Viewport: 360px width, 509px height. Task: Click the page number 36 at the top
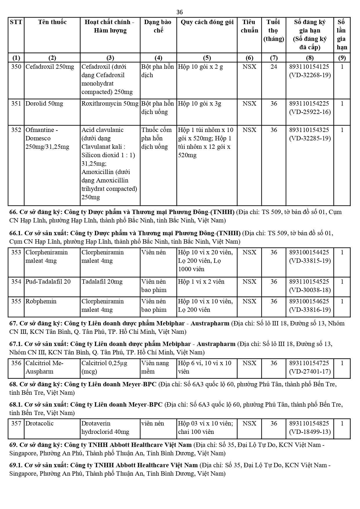(180, 12)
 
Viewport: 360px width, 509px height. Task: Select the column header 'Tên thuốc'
(52, 22)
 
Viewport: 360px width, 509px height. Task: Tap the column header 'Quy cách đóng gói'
(207, 22)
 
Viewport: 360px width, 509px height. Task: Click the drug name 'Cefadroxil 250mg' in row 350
(50, 67)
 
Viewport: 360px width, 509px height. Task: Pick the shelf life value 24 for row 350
(274, 67)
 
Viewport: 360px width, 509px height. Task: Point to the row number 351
(16, 104)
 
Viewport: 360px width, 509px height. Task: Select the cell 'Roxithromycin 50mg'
(110, 104)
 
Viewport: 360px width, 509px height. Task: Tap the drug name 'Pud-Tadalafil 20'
(48, 282)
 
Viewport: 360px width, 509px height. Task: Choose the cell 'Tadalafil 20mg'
(102, 282)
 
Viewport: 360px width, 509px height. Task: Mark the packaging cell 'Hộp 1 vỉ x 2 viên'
(201, 282)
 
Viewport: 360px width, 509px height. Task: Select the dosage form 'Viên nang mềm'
(155, 367)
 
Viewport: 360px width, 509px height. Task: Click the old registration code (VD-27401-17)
(310, 372)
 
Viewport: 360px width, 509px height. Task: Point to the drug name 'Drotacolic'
(40, 423)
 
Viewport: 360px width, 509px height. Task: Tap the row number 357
(16, 423)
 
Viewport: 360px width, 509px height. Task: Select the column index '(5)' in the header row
(207, 57)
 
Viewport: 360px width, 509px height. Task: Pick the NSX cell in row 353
(249, 252)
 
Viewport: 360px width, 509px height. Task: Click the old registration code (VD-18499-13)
(310, 432)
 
